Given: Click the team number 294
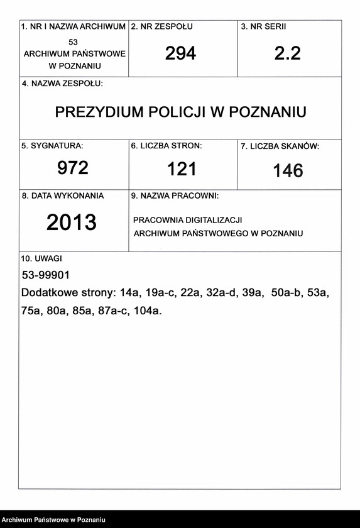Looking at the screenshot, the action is click(180, 54).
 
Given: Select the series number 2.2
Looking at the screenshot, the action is click(288, 54).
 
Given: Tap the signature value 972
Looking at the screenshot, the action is click(73, 168).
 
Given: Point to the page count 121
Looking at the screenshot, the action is click(182, 169).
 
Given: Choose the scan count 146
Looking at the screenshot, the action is click(288, 170).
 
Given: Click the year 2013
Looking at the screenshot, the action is click(72, 222).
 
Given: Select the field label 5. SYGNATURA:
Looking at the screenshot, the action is click(52, 146).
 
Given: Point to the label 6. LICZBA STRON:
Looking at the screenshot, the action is click(166, 146).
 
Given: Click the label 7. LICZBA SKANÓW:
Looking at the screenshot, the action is click(280, 146).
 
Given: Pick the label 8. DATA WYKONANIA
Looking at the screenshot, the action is click(63, 195).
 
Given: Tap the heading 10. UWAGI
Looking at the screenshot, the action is click(41, 258).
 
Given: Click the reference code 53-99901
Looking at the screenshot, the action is click(45, 275).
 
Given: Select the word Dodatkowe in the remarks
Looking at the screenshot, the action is click(48, 293).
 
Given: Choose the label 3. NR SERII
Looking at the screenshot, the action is click(268, 27).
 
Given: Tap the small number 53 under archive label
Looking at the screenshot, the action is click(74, 41).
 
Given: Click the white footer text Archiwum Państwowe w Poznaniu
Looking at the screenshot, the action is click(53, 520).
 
